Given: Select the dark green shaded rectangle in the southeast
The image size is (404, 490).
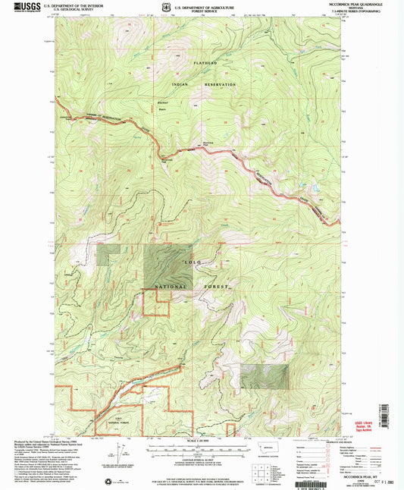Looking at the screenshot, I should coord(265,376).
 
